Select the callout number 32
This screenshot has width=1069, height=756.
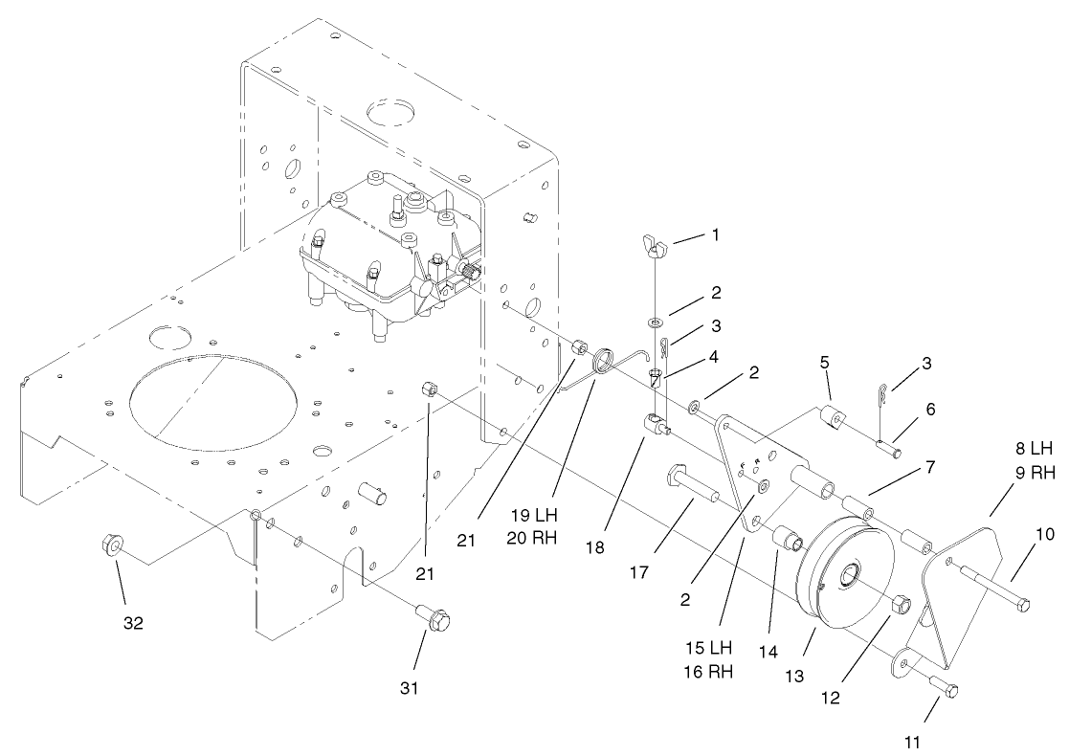(133, 623)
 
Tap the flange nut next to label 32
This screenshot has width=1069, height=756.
(108, 546)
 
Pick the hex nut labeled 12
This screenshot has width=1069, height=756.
(901, 605)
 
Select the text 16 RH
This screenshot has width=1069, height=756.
(708, 671)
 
